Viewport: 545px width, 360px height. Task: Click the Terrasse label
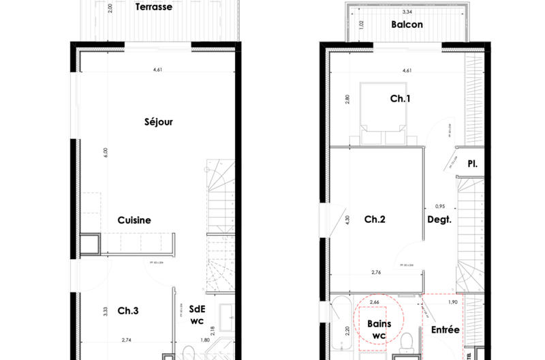153,8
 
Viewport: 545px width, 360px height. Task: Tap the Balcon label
407,25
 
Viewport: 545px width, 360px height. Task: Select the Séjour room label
159,123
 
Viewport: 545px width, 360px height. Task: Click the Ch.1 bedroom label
400,99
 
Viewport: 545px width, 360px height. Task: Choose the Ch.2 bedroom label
375,220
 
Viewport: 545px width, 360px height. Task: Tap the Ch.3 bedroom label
128,311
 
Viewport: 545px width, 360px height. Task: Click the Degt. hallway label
439,220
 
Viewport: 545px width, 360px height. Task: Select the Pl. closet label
471,164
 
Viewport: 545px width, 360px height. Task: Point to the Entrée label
446,330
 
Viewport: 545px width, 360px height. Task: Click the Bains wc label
379,329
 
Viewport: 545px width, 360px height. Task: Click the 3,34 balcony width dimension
407,12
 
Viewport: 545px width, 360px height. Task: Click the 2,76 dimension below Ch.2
375,273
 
